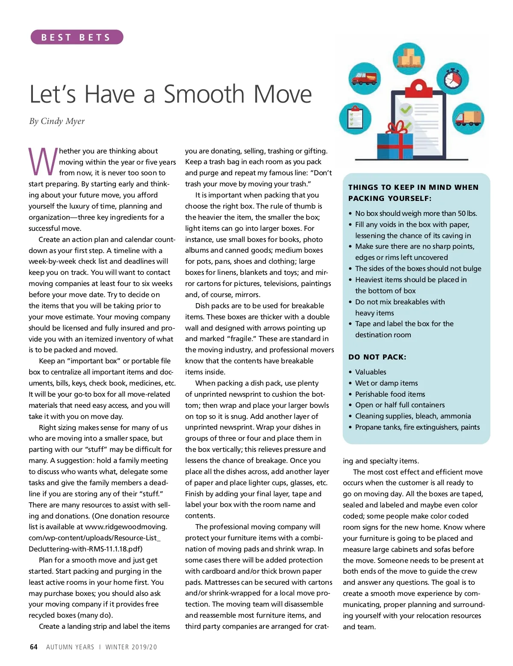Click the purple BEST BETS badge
pyautogui.click(x=77, y=37)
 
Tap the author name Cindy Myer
pyautogui.click(x=63, y=121)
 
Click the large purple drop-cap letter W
pyautogui.click(x=43, y=162)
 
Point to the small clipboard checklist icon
pyautogui.click(x=355, y=118)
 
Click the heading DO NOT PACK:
pyautogui.click(x=377, y=357)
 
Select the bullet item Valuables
pyautogui.click(x=371, y=372)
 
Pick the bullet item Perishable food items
pyautogui.click(x=390, y=394)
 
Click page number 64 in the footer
pyautogui.click(x=34, y=647)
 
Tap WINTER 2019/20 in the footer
pyautogui.click(x=131, y=647)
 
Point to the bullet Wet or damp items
pyautogui.click(x=386, y=383)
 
